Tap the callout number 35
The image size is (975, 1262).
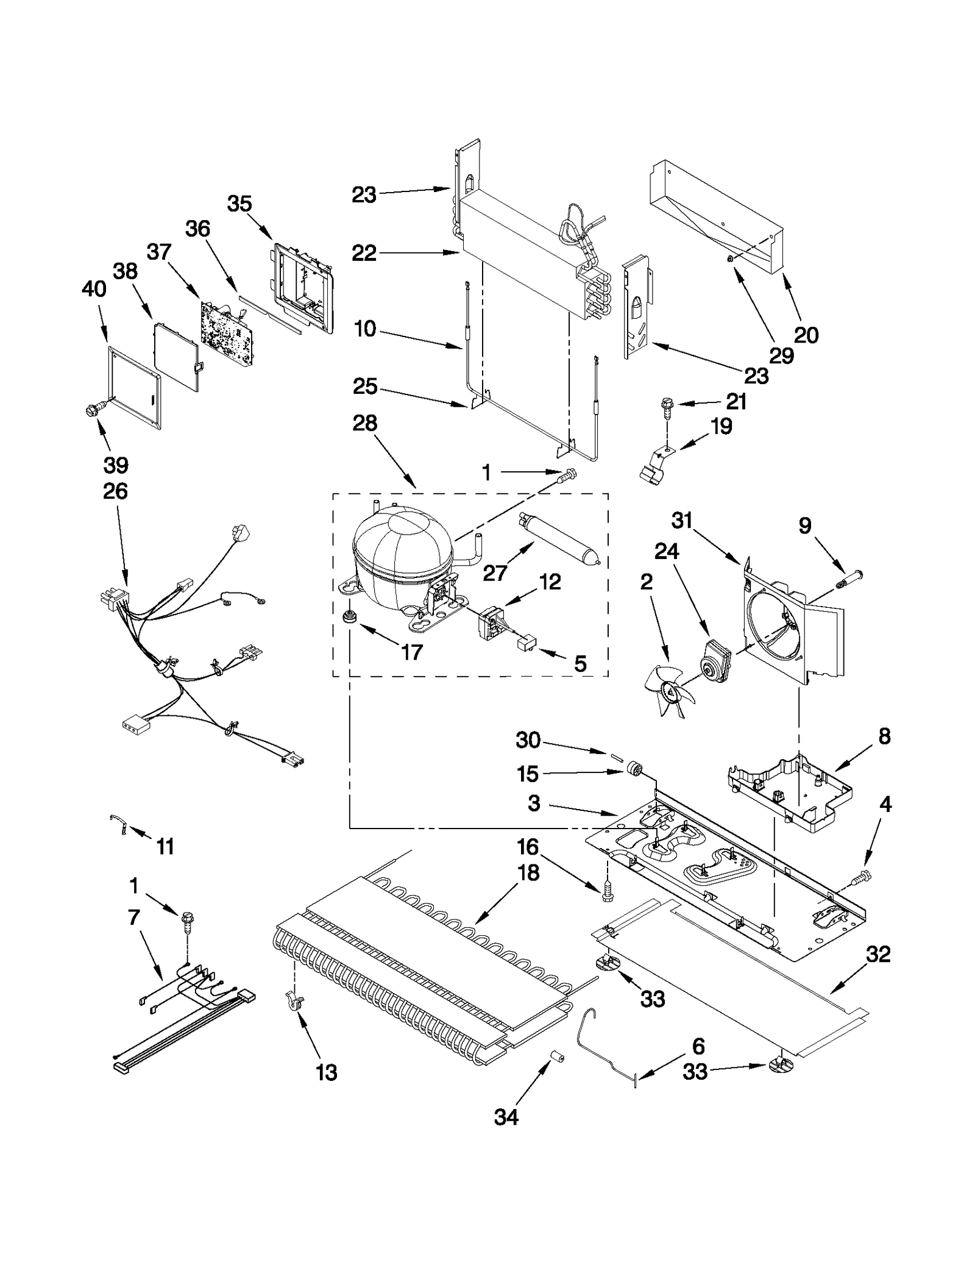pyautogui.click(x=239, y=204)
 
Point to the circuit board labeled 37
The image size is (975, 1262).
pyautogui.click(x=225, y=332)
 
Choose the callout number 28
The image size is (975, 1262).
pyautogui.click(x=364, y=423)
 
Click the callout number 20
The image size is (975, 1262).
pyautogui.click(x=806, y=335)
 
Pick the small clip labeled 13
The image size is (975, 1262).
pyautogui.click(x=294, y=1002)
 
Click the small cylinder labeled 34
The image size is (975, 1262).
pyautogui.click(x=556, y=1056)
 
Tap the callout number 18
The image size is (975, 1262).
pyautogui.click(x=528, y=873)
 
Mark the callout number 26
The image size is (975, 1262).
pyautogui.click(x=116, y=491)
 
